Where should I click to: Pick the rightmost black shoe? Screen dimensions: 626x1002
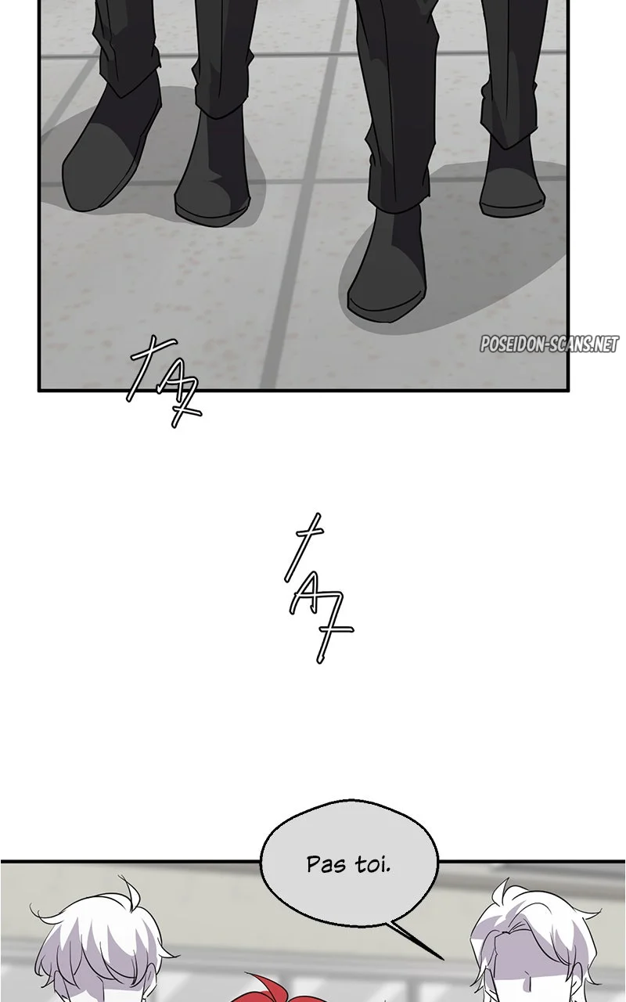(512, 179)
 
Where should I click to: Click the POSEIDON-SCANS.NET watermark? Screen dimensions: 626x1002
(549, 344)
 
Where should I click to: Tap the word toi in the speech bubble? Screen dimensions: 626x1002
(373, 865)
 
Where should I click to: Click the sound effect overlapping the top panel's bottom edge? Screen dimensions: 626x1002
(164, 381)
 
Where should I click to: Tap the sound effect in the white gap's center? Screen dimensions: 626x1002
(318, 588)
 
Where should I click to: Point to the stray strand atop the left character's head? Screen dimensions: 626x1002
(130, 895)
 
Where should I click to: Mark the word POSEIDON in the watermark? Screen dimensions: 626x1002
(511, 344)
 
